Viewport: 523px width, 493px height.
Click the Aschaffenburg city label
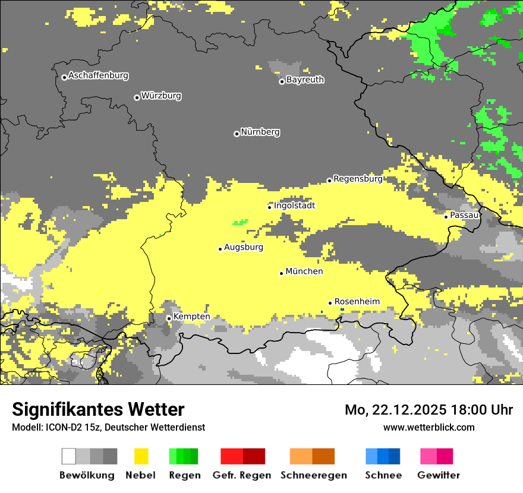click(x=98, y=76)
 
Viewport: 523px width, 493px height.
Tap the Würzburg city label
click(x=161, y=96)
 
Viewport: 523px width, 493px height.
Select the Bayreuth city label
click(x=305, y=80)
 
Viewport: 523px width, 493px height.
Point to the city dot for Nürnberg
click(x=237, y=134)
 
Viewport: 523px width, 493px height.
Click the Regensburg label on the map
click(x=358, y=179)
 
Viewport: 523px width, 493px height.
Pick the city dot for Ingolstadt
click(x=269, y=207)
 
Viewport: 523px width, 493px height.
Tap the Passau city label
click(x=464, y=215)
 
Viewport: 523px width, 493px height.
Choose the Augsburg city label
click(x=244, y=247)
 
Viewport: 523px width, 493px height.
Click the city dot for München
click(x=281, y=273)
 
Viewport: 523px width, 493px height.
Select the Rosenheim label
click(x=357, y=302)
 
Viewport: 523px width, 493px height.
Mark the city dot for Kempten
click(x=169, y=318)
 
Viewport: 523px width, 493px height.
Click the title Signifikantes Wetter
click(x=98, y=410)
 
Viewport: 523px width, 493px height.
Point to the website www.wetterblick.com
click(x=429, y=427)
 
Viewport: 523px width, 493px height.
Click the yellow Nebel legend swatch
click(x=141, y=456)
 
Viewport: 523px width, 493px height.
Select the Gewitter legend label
click(x=438, y=475)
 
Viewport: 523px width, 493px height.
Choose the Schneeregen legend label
click(x=313, y=475)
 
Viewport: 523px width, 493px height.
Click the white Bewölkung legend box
click(x=69, y=456)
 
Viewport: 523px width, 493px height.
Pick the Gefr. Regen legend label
click(x=241, y=475)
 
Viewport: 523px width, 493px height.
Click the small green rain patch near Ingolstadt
click(x=241, y=223)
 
